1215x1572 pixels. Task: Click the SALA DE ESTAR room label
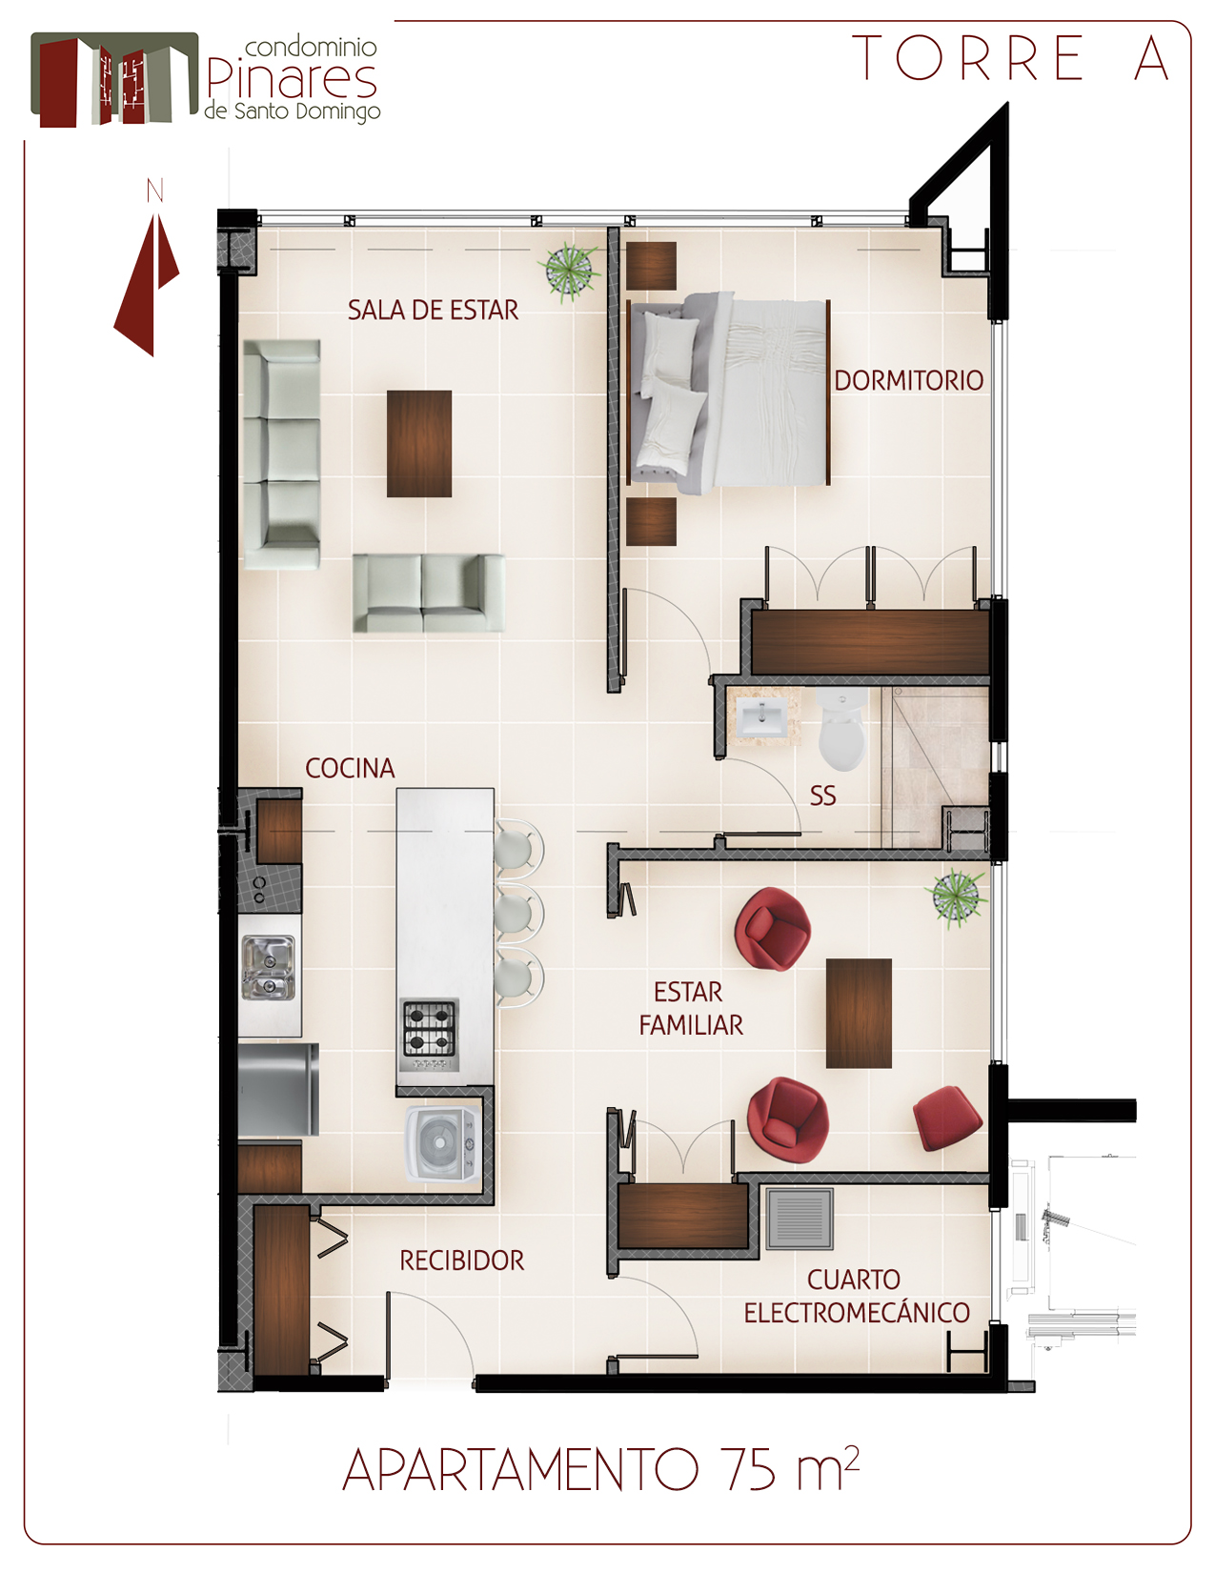[x=433, y=311]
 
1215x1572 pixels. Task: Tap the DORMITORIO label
[x=909, y=380]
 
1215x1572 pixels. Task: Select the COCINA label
[x=351, y=768]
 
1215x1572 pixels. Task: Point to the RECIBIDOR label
[x=461, y=1260]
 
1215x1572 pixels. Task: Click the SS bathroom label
[x=822, y=796]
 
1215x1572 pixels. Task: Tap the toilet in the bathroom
[x=842, y=728]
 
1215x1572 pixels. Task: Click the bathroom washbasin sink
[x=761, y=716]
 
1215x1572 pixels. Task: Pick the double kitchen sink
[x=268, y=968]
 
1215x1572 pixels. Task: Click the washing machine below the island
[x=441, y=1143]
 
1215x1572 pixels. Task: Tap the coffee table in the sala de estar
[x=419, y=443]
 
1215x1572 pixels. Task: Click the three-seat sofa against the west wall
[x=281, y=454]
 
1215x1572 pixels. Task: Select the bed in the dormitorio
[x=729, y=393]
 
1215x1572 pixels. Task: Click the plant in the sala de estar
[x=570, y=272]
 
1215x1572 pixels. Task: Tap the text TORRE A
[x=1010, y=58]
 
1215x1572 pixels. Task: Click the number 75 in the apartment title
[x=750, y=1468]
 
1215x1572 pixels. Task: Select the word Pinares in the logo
[x=292, y=80]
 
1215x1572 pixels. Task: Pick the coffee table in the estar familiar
[x=859, y=1014]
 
